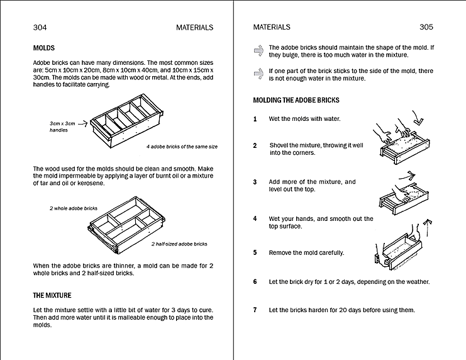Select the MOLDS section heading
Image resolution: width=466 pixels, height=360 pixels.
(43, 48)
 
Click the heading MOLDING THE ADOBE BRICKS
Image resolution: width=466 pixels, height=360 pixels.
(296, 100)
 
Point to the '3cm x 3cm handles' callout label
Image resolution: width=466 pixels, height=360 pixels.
(62, 127)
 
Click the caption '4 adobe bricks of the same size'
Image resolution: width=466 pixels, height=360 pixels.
(182, 147)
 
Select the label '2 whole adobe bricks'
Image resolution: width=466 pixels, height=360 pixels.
(74, 208)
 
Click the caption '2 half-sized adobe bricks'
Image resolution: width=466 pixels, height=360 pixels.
(179, 244)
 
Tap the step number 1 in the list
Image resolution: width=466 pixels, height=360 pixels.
(255, 119)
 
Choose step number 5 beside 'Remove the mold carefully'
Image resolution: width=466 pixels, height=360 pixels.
(255, 253)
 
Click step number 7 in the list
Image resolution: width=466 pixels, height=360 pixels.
(255, 310)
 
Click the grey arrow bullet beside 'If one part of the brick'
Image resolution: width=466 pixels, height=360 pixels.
(258, 74)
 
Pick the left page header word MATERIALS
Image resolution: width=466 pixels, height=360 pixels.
(194, 27)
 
